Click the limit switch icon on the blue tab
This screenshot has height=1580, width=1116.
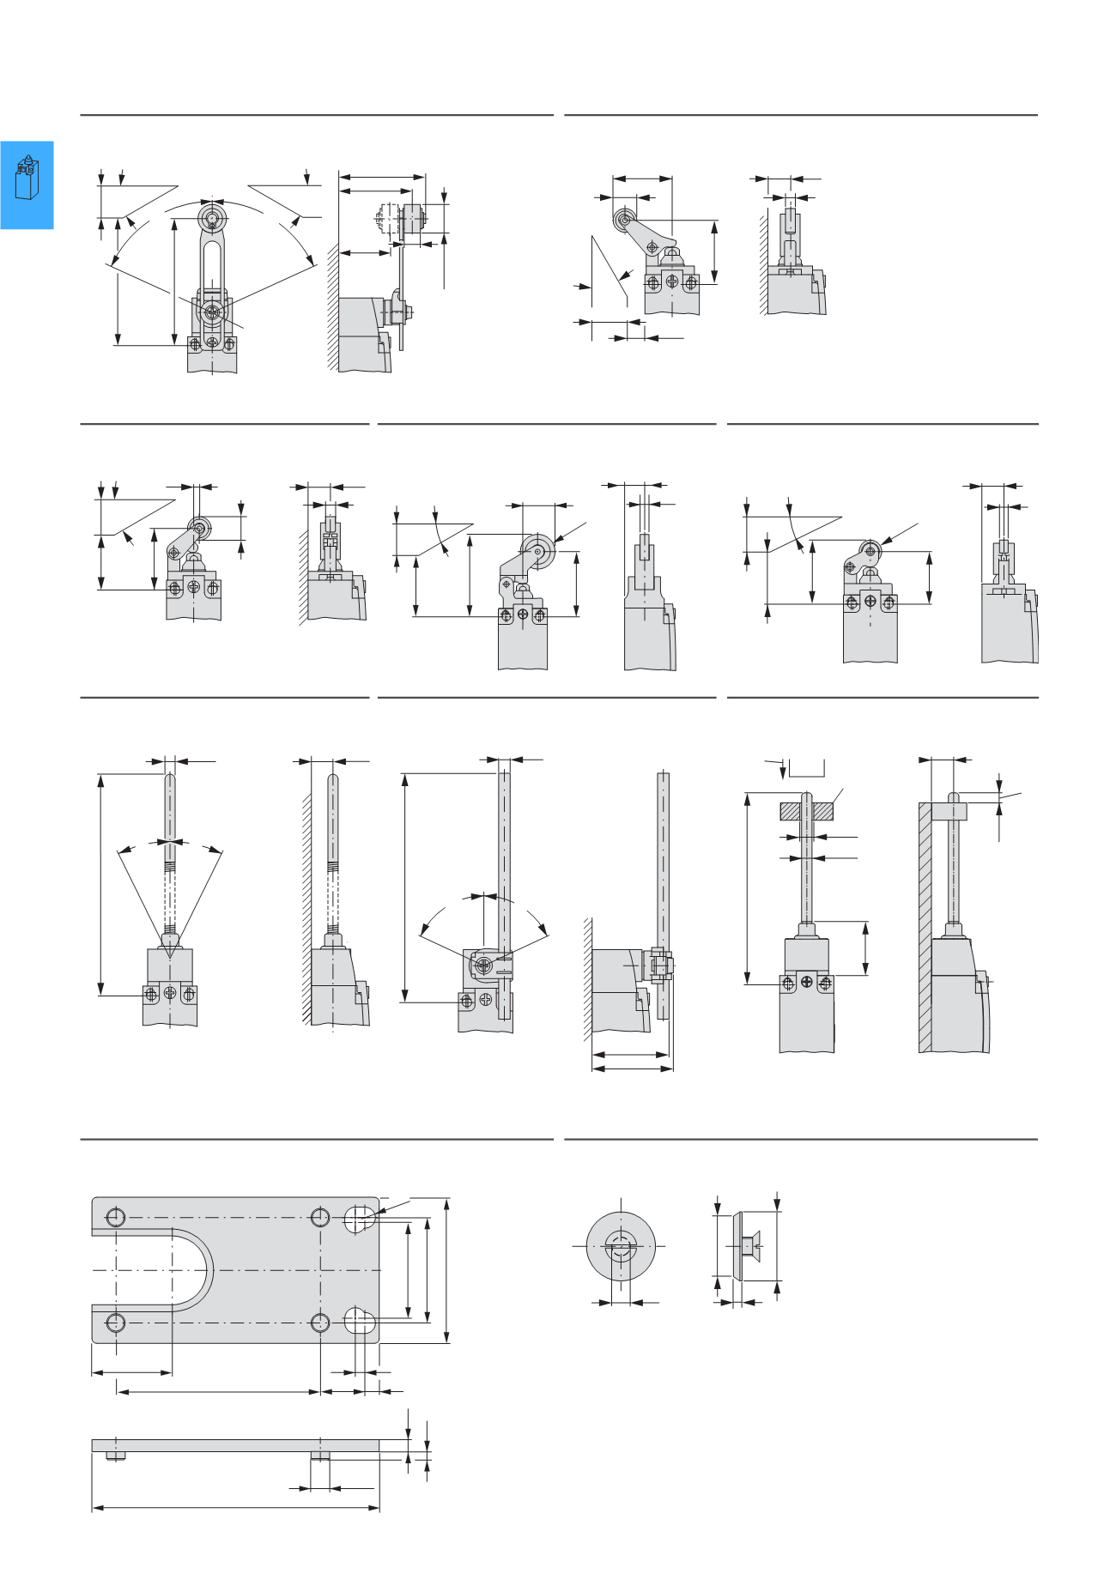click(27, 178)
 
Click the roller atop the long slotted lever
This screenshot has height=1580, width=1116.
click(211, 215)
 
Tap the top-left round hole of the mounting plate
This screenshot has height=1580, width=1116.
click(116, 1217)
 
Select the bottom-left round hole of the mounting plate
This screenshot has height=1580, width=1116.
click(116, 1323)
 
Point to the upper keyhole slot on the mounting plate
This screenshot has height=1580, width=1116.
click(360, 1219)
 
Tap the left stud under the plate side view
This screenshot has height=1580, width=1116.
click(116, 1456)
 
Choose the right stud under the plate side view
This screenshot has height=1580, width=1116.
click(320, 1456)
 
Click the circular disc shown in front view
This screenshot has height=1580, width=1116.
click(620, 1245)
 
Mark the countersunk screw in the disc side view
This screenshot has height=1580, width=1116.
click(750, 1245)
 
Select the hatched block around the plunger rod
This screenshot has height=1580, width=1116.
click(807, 810)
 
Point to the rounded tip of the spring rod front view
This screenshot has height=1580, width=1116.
click(170, 778)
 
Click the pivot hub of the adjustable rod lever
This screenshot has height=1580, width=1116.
click(482, 966)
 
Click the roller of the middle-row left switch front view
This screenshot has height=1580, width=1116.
click(199, 529)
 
